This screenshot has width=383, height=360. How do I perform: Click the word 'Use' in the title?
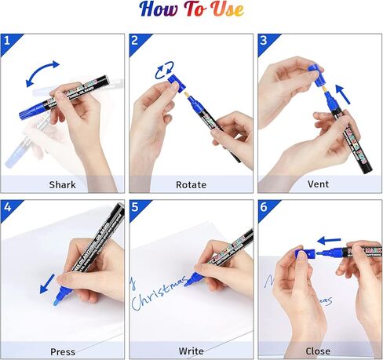click(226, 10)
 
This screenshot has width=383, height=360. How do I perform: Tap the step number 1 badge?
click(8, 41)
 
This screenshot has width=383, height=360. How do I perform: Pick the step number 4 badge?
click(8, 208)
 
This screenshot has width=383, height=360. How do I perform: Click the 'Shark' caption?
click(63, 184)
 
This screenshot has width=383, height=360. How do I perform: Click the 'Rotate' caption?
click(191, 184)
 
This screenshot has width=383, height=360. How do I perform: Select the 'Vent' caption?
click(319, 184)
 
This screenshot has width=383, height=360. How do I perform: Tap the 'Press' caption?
click(63, 351)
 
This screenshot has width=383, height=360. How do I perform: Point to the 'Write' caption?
click(191, 351)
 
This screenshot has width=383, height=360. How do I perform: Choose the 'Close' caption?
click(319, 351)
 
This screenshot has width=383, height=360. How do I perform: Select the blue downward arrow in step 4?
click(46, 282)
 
